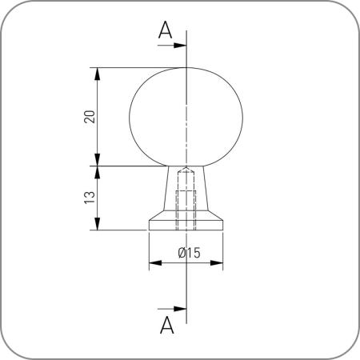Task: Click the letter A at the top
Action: coord(165,30)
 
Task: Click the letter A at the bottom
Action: coord(167,325)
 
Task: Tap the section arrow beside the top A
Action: coord(172,45)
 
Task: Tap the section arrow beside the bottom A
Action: coord(172,309)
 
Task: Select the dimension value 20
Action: coord(90,117)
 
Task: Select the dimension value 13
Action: coord(90,198)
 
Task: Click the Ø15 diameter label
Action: coord(189,253)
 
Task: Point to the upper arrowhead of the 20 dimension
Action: coord(98,74)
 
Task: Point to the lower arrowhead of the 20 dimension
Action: coord(98,160)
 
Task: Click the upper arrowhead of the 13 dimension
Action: coord(98,172)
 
